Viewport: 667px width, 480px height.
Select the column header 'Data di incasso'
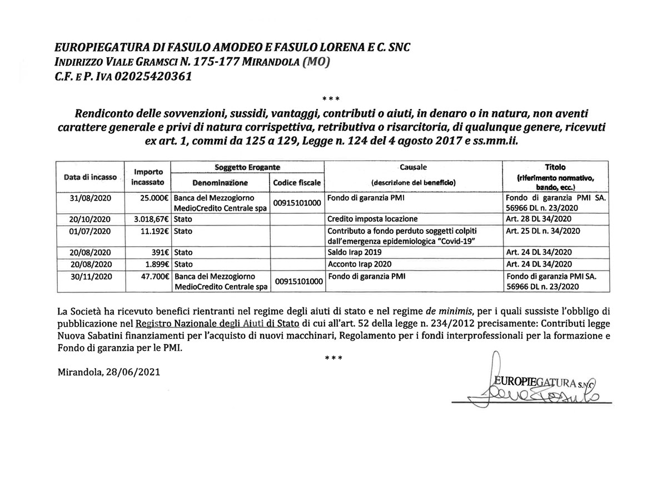pos(90,177)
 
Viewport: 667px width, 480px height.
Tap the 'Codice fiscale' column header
pos(297,183)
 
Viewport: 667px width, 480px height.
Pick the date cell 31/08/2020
pos(89,198)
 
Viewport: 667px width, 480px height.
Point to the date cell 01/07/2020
pos(89,231)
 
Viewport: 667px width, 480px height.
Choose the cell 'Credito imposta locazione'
pos(372,218)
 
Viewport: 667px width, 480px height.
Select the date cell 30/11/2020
pos(89,276)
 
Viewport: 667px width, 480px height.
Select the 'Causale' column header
pos(413,167)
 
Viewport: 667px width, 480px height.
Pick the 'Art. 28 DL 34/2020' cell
pos(540,218)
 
